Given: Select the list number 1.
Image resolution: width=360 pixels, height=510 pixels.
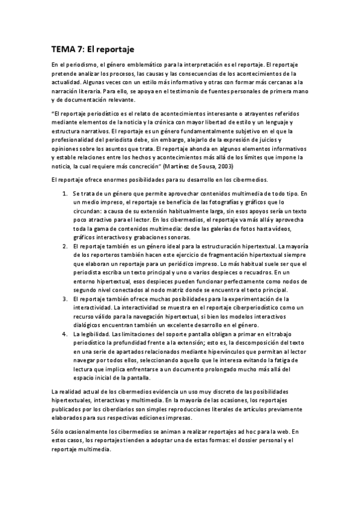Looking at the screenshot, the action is [x=65, y=194].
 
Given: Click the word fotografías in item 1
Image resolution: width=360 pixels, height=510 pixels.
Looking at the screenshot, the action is [x=204, y=203].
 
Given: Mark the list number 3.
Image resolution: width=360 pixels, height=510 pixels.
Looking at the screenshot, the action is [x=65, y=299].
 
